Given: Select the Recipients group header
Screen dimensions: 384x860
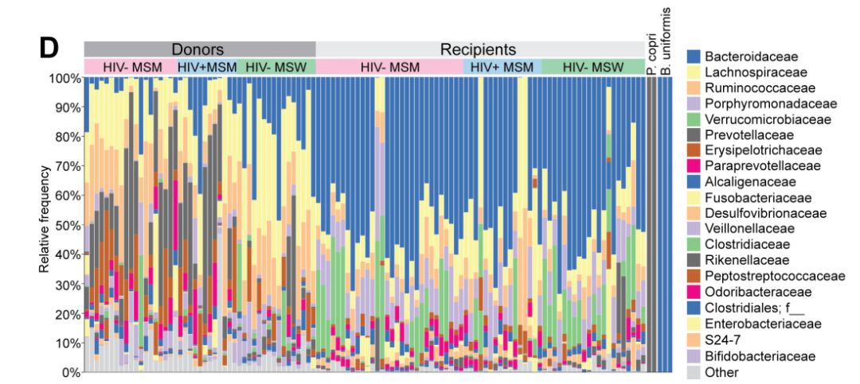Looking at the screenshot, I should click(479, 48).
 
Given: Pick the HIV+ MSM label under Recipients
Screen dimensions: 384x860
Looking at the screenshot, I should click(502, 67).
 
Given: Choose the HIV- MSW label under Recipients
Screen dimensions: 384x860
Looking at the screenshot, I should click(592, 67).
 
